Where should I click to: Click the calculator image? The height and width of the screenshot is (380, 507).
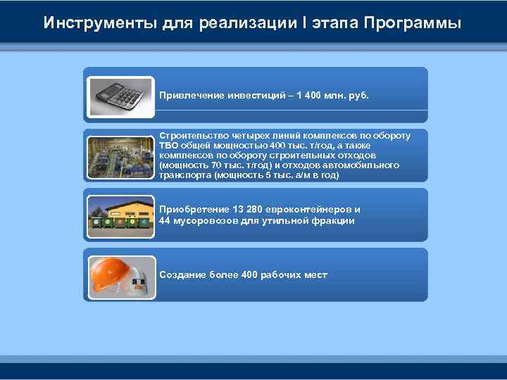(120, 96)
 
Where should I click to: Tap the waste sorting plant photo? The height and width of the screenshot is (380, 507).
(120, 155)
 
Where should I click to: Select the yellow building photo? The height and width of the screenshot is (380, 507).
(120, 215)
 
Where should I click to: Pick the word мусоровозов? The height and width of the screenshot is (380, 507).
(204, 220)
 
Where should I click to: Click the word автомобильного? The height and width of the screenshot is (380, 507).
(365, 165)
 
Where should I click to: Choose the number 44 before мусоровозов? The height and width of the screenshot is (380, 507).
(165, 220)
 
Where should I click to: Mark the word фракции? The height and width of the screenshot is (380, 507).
(334, 220)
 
